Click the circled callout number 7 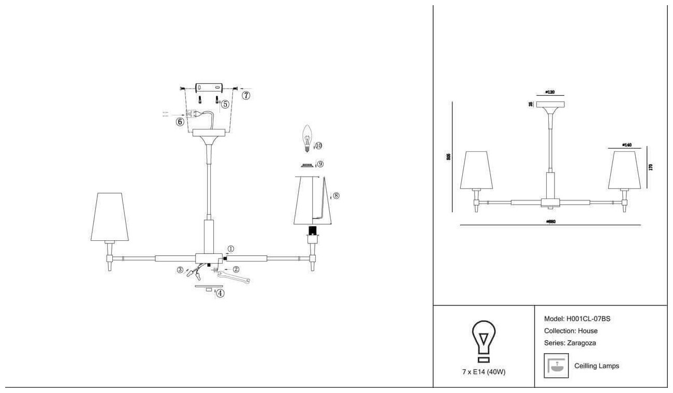pyautogui.click(x=246, y=95)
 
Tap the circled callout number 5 pyautogui.click(x=225, y=104)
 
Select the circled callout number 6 pyautogui.click(x=180, y=122)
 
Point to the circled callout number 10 pyautogui.click(x=318, y=145)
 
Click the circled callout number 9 pyautogui.click(x=320, y=164)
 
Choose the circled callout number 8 pyautogui.click(x=336, y=196)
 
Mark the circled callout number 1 pyautogui.click(x=230, y=249)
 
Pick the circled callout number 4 pyautogui.click(x=221, y=293)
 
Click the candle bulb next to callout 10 pyautogui.click(x=306, y=138)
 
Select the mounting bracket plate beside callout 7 pyautogui.click(x=209, y=88)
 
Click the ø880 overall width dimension pyautogui.click(x=550, y=222)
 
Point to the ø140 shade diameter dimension pyautogui.click(x=627, y=145)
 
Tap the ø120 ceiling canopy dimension pyautogui.click(x=550, y=92)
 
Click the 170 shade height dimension pyautogui.click(x=651, y=167)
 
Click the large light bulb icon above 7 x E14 pyautogui.click(x=484, y=340)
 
